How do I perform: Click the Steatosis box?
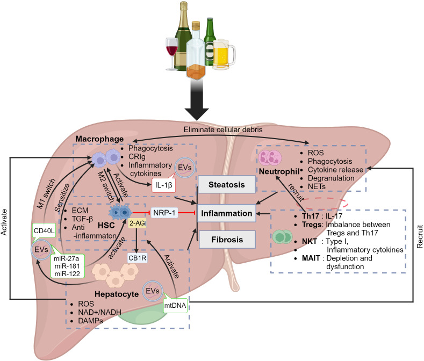coord(227,184)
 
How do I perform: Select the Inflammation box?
coord(227,213)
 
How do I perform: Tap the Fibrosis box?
coord(227,239)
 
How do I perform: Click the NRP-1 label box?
coord(164,213)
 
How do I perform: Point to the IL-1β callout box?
coord(163,185)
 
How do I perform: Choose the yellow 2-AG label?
coord(137,223)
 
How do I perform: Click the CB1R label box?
coord(138,258)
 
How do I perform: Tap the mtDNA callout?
coord(175,306)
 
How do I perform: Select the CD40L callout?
coord(44,230)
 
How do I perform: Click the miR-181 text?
coord(67,266)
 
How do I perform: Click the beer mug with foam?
coord(224,54)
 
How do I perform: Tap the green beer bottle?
coord(210,42)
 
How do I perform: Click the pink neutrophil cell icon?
coord(270,157)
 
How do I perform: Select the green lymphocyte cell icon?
coord(282,236)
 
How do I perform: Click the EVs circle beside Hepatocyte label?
coord(153,291)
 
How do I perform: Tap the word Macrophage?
coord(99,139)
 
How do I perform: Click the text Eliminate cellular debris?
coord(223,129)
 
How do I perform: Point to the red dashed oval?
coord(322,204)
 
